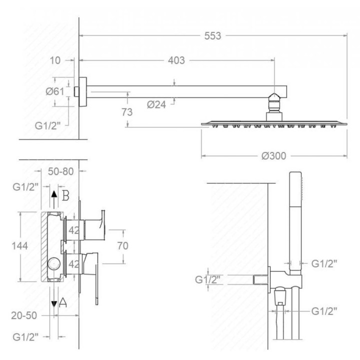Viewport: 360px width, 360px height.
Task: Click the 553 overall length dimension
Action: pos(212,36)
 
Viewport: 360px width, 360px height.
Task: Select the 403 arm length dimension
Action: pos(176,60)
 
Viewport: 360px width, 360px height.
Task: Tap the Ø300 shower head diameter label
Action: pos(273,156)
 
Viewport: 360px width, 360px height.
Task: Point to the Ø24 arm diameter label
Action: pos(156,104)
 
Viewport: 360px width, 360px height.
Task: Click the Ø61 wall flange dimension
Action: pos(55,91)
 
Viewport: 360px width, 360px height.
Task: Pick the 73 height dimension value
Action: pos(127,112)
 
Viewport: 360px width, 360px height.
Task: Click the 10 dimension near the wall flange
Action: pos(55,60)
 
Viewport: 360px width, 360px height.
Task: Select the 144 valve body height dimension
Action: pos(19,246)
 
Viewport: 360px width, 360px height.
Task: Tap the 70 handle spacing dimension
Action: pos(123,246)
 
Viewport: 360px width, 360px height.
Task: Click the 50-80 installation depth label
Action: pos(61,171)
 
